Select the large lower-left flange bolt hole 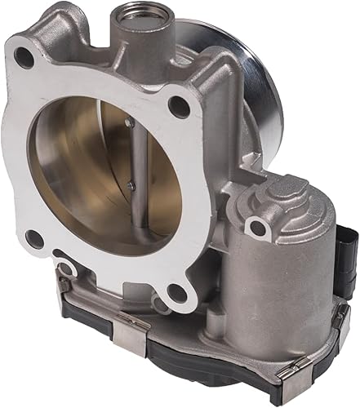(33, 238)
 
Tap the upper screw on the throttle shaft (128, 122)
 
